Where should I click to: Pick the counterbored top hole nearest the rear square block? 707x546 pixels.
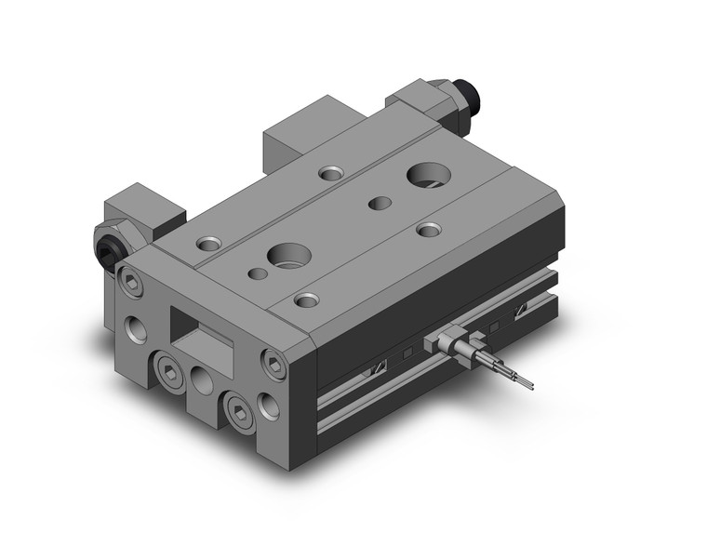[x=329, y=173]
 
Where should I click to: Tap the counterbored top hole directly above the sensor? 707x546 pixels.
[x=427, y=228]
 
